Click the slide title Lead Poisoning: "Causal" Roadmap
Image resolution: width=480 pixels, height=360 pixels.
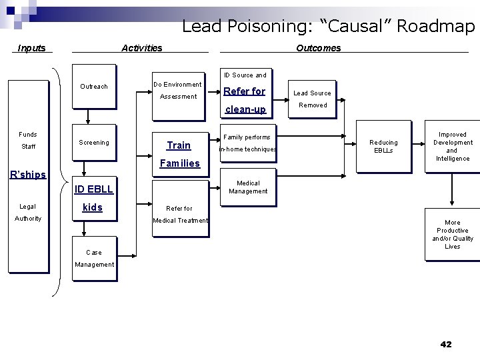pyautogui.click(x=328, y=27)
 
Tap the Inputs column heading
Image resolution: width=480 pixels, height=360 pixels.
pyautogui.click(x=32, y=48)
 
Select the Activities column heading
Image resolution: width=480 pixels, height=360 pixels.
pyautogui.click(x=141, y=48)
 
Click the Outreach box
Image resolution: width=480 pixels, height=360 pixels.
pyautogui.click(x=94, y=87)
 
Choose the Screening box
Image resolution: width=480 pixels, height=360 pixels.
pyautogui.click(x=94, y=143)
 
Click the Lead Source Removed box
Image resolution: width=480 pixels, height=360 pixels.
pyautogui.click(x=313, y=99)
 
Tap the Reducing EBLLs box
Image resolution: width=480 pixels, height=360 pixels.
pyautogui.click(x=383, y=147)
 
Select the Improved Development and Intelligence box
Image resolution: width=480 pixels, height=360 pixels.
pyautogui.click(x=452, y=147)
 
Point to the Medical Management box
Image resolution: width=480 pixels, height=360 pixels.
pyautogui.click(x=248, y=187)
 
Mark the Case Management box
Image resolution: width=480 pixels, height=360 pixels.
pyautogui.click(x=94, y=258)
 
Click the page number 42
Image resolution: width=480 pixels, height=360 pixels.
pyautogui.click(x=446, y=344)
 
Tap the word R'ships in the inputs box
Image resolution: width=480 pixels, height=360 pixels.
pyautogui.click(x=28, y=175)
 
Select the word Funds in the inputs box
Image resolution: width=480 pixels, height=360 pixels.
pyautogui.click(x=28, y=135)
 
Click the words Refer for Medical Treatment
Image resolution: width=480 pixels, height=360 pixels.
pyautogui.click(x=180, y=215)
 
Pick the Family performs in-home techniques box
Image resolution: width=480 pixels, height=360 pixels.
pyautogui.click(x=247, y=143)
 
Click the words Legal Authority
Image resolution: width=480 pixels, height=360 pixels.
pyautogui.click(x=28, y=213)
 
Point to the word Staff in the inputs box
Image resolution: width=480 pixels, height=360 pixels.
pyautogui.click(x=28, y=147)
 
